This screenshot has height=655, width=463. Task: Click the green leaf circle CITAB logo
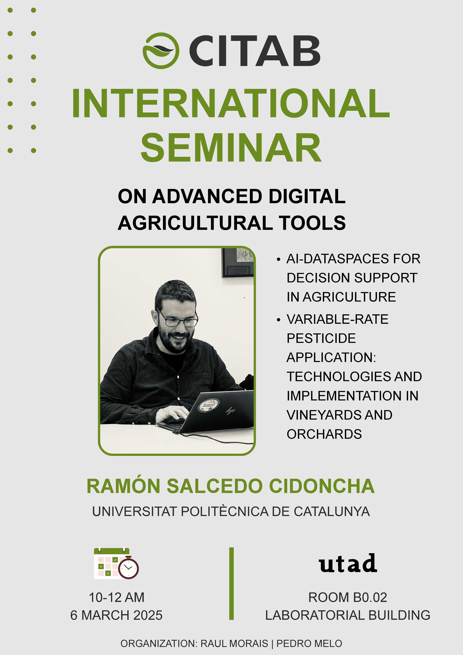point(161,51)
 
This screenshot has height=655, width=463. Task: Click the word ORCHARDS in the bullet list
point(324,434)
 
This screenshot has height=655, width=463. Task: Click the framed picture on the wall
point(237,262)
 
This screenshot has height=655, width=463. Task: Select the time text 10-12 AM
point(117,597)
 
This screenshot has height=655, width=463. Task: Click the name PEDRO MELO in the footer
point(309,644)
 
